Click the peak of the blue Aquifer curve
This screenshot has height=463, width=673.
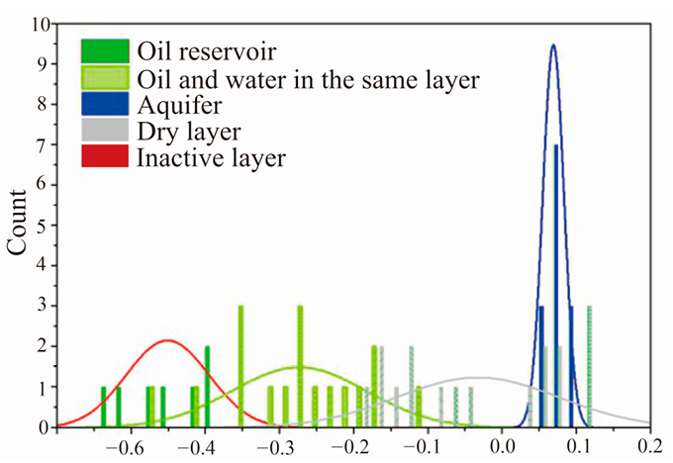pyautogui.click(x=553, y=45)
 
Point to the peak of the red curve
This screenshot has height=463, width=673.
pyautogui.click(x=167, y=340)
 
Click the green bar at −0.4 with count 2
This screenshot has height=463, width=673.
pyautogui.click(x=207, y=386)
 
